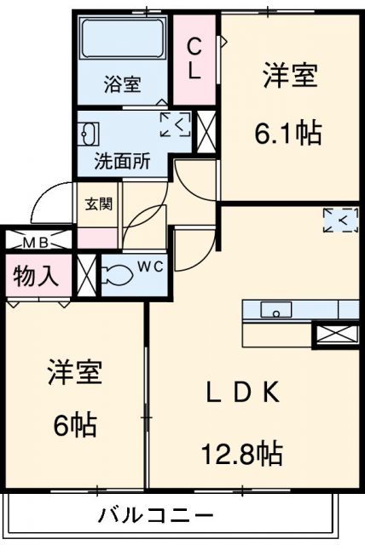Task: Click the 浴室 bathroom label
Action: pos(124,84)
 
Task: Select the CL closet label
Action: pos(194,58)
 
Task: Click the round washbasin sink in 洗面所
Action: pos(90,135)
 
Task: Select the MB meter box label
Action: pos(35,243)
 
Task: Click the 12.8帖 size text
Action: pos(241,452)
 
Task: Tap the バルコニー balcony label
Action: pos(155,515)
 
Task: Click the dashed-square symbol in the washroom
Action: pos(176,125)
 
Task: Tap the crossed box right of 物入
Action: pos(84,274)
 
